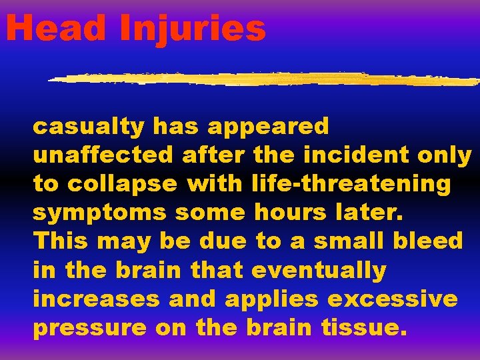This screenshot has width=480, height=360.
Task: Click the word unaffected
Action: click(103, 155)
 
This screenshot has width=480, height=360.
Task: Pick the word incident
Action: click(356, 155)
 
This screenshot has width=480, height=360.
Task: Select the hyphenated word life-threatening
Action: click(353, 185)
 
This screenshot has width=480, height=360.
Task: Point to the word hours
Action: click(289, 213)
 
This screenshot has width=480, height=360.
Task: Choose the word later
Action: click(366, 213)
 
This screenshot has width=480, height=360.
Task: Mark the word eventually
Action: click(319, 271)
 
